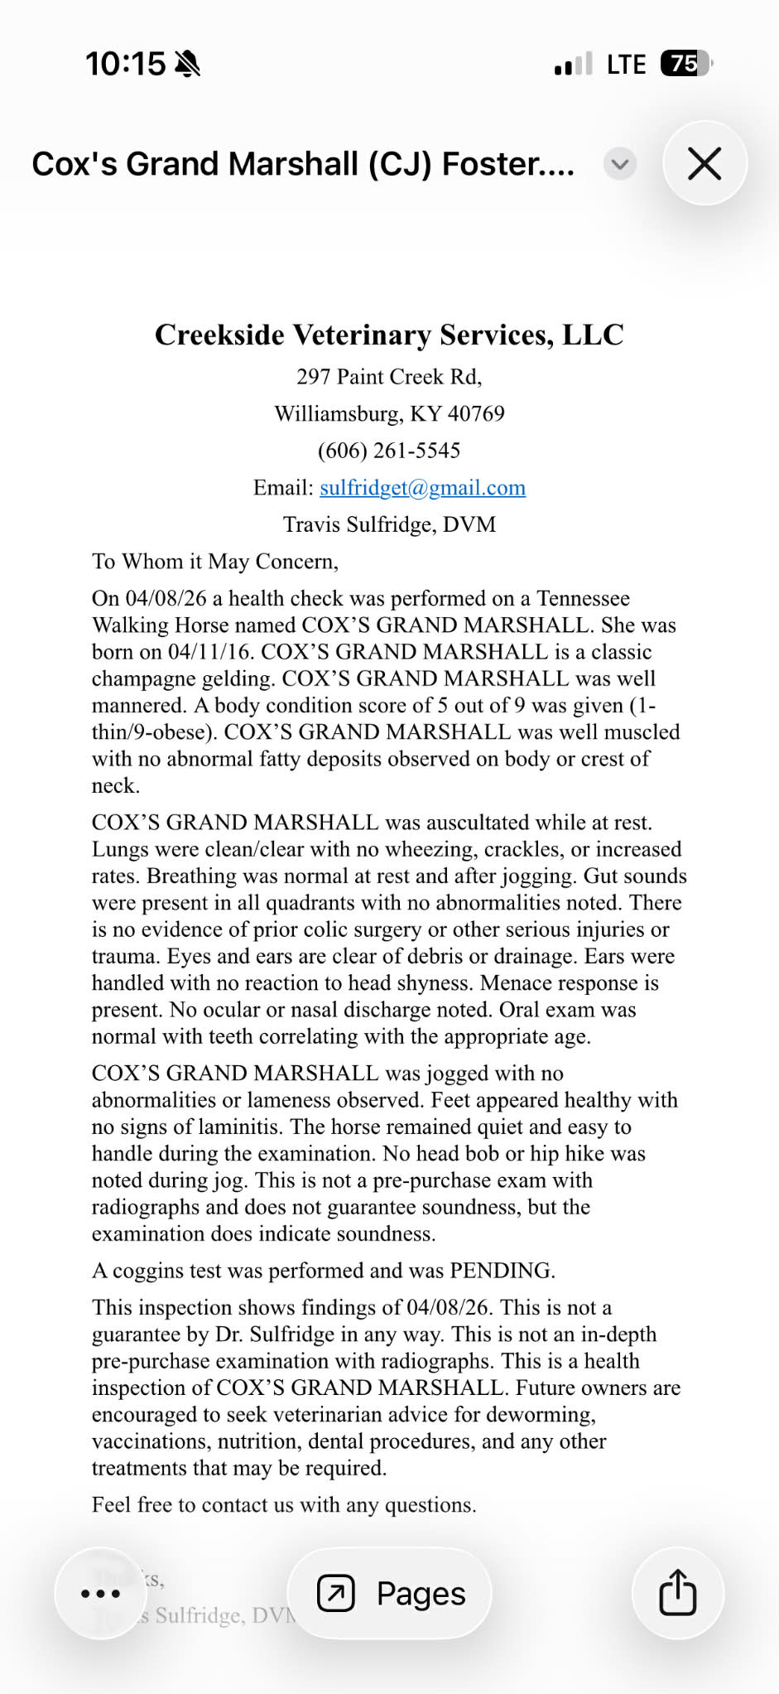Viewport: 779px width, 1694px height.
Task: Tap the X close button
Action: tap(704, 163)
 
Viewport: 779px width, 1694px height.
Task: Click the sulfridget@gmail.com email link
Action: tap(422, 487)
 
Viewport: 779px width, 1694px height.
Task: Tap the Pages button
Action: tap(390, 1593)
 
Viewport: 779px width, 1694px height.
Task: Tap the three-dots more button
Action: tap(101, 1593)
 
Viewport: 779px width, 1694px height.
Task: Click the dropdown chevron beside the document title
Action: tap(620, 164)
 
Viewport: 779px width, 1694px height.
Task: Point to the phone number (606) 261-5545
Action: tap(389, 451)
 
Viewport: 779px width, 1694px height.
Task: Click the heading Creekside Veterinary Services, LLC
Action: tap(389, 335)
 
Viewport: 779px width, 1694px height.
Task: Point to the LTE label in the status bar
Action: tap(626, 65)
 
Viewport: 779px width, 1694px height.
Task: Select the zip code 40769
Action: tap(476, 413)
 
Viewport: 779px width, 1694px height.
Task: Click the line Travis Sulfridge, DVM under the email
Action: tap(389, 524)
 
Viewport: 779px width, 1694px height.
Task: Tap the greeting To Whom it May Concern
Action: tap(215, 562)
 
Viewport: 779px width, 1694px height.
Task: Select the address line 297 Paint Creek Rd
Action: tap(389, 377)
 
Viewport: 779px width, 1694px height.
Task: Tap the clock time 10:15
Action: tap(126, 64)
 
